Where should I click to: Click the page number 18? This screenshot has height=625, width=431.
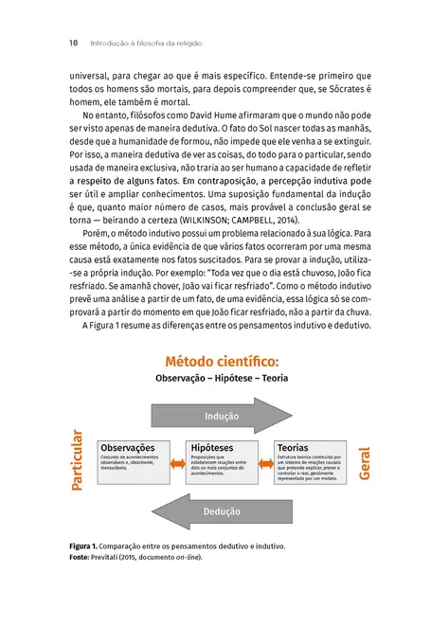73,43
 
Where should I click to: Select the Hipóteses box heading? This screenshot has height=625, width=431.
212,446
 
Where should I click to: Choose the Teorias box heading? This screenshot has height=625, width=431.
294,446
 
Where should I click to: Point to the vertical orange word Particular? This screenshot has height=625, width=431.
79,462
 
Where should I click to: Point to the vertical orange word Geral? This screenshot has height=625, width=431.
364,462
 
